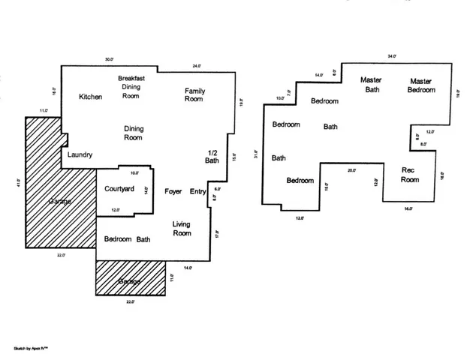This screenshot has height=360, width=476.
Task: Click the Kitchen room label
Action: coord(91,97)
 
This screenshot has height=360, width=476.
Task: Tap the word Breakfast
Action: coord(131,78)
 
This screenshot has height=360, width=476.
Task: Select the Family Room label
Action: coord(195,94)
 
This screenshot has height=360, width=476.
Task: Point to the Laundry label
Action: coord(80,155)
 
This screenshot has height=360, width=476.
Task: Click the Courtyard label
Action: coord(119,188)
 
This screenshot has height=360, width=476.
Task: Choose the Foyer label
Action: coord(173,191)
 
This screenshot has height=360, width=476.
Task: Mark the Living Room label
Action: coord(182,228)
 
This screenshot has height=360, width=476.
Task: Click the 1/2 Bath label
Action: coord(212,156)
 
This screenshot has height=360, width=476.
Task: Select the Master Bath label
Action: coord(371,85)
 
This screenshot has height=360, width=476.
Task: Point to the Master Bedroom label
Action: coord(421,85)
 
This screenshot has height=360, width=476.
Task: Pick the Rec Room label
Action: coord(410,175)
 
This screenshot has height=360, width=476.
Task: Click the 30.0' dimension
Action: coord(109,59)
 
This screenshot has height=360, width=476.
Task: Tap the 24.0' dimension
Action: coord(197,66)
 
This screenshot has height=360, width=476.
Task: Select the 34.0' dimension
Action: coord(391,56)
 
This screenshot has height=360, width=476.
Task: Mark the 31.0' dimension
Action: coord(256,154)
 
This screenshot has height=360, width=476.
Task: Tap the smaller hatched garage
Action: coord(130,280)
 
